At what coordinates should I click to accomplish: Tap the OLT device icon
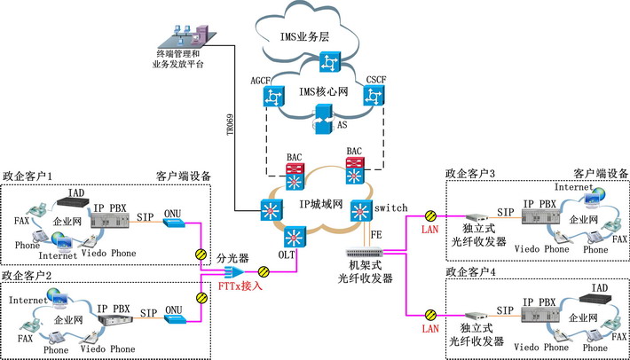(x=295, y=237)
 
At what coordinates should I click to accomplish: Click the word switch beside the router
(x=390, y=207)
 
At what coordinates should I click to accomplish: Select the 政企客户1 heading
(x=28, y=176)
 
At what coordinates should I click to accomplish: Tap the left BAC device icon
(x=295, y=170)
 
